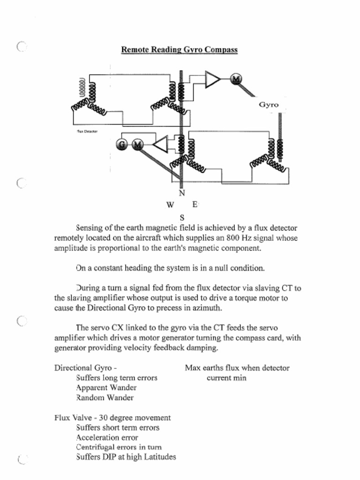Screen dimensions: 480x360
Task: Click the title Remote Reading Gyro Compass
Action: [180, 50]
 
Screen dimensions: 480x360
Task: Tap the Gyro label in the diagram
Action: [269, 105]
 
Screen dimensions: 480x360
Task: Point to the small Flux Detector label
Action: [87, 132]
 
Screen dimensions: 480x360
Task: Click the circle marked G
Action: [122, 145]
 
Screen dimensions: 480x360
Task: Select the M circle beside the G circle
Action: [137, 145]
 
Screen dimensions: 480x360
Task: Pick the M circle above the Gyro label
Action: [236, 79]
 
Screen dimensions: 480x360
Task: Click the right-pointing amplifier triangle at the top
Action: [212, 80]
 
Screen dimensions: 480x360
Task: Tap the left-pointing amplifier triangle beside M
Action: [160, 144]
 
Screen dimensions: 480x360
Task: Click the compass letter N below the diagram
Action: [182, 193]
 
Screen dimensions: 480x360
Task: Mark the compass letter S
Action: [182, 217]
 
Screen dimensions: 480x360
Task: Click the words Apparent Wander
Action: [106, 388]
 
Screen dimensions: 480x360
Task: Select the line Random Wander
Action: [105, 397]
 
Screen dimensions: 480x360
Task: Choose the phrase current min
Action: [226, 378]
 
